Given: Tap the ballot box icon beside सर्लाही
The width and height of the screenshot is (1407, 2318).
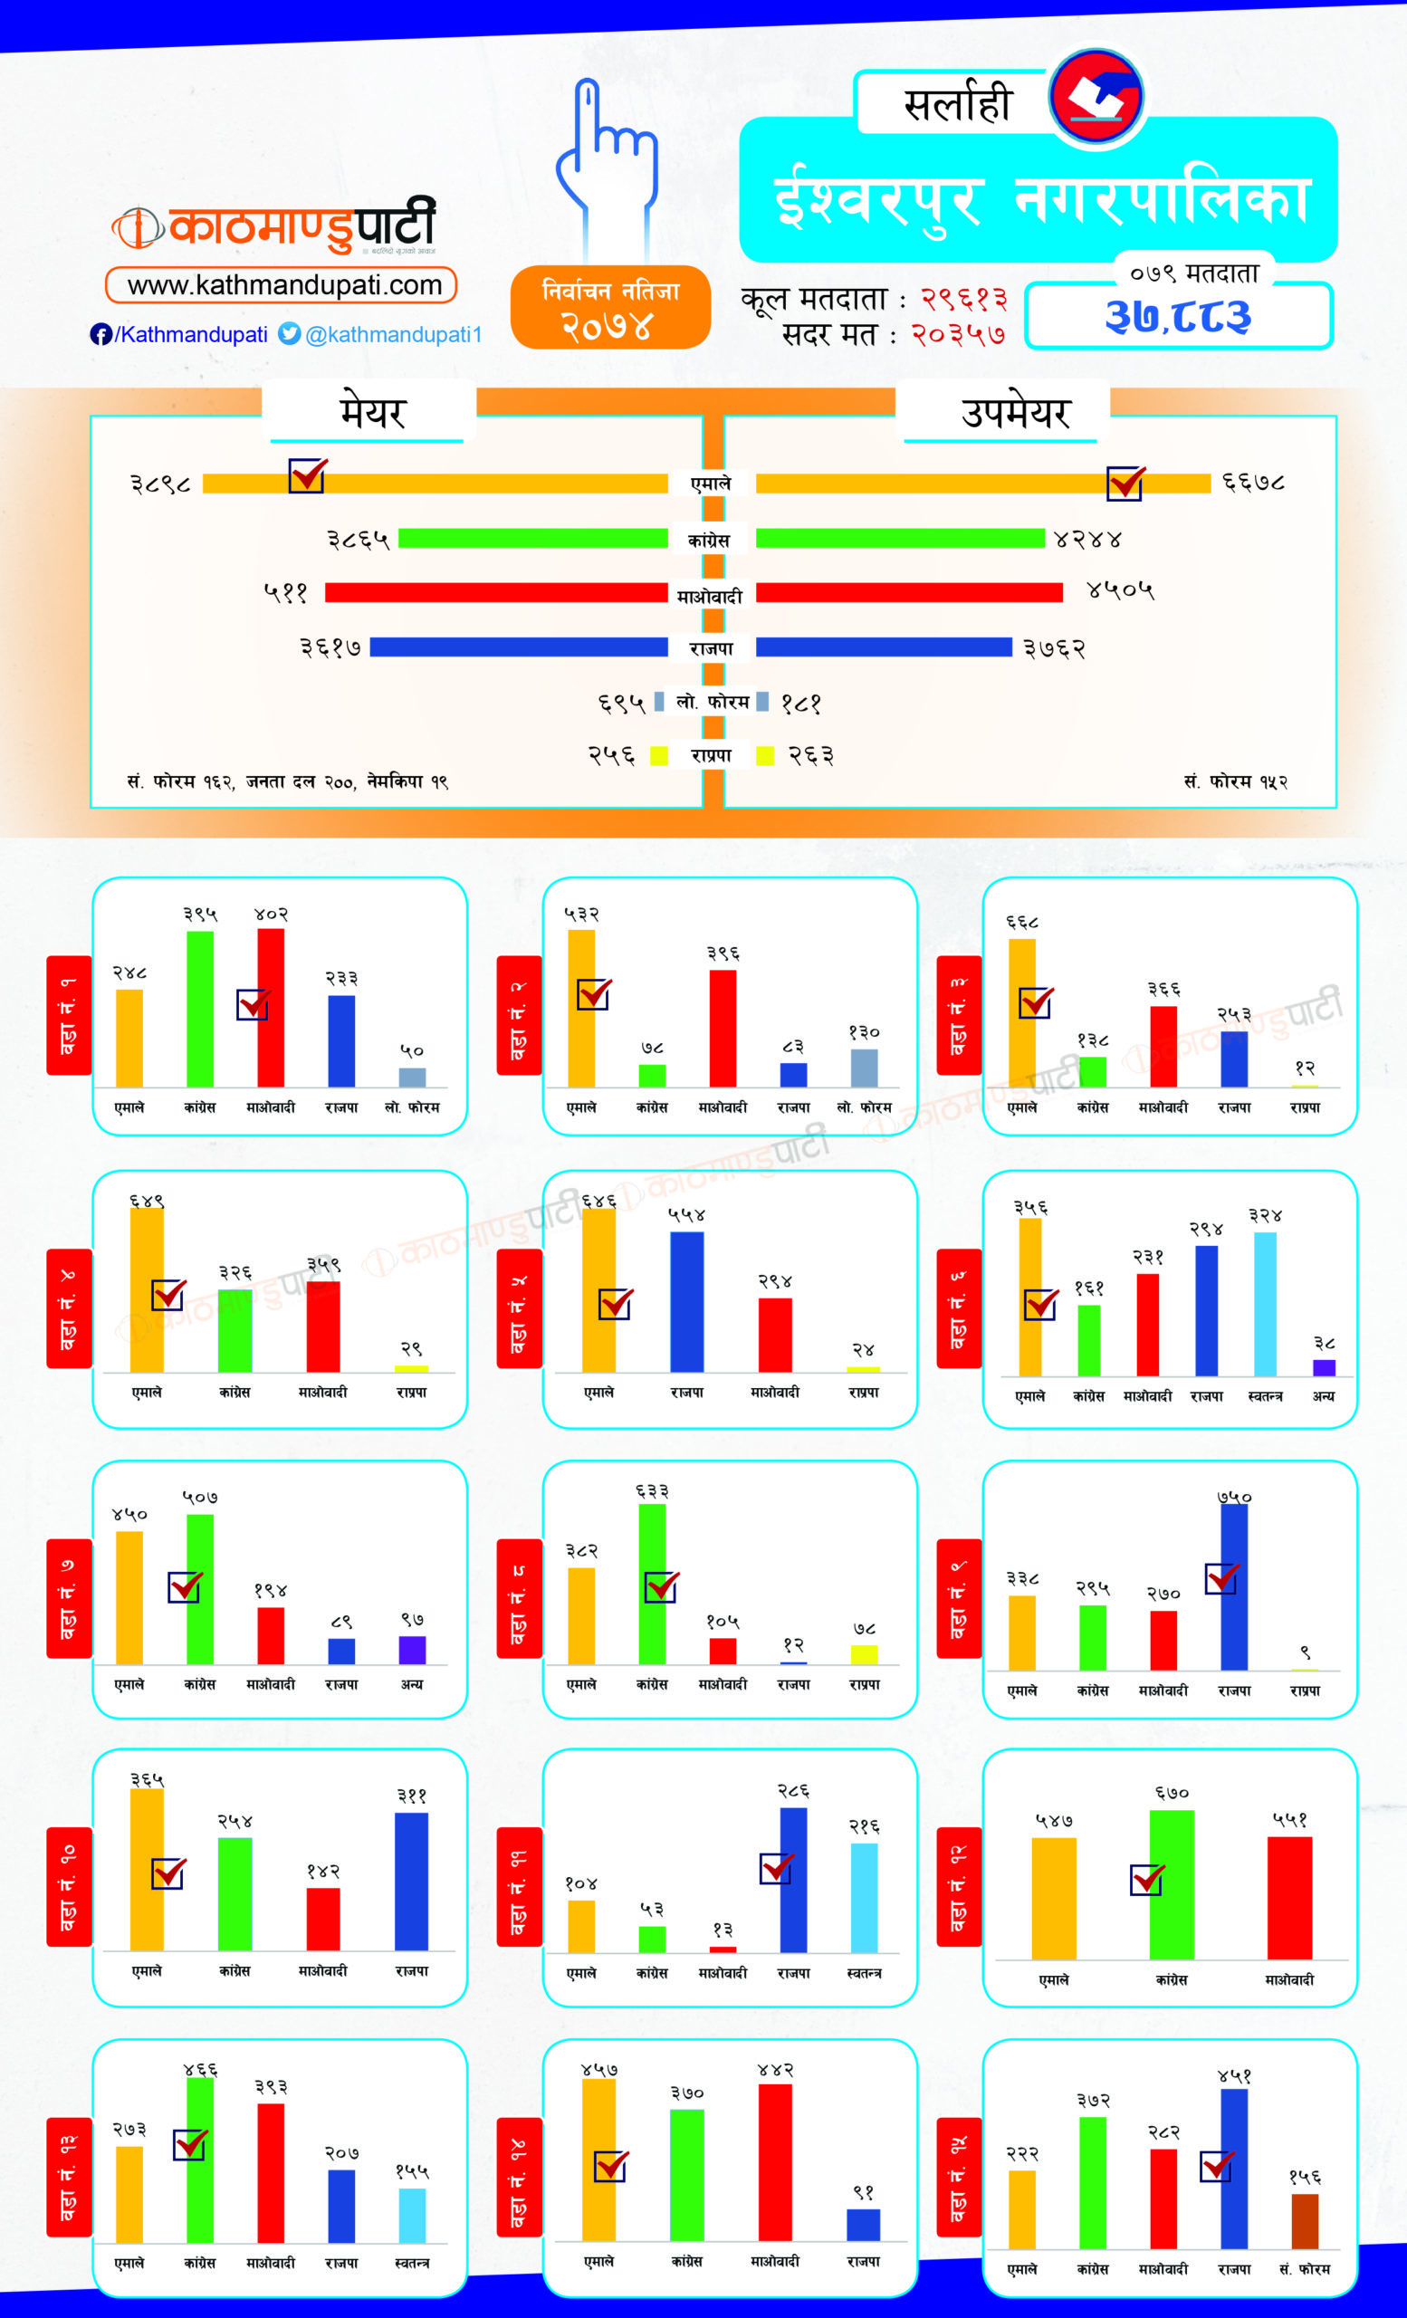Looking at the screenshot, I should (1096, 97).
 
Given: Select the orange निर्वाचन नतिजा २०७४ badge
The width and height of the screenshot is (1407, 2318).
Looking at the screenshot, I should (610, 308).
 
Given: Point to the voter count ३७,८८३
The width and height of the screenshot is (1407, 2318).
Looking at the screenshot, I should (1179, 316).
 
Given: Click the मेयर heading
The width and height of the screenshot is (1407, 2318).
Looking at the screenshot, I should (371, 412).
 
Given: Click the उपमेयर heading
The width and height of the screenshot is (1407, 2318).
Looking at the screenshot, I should (1015, 412).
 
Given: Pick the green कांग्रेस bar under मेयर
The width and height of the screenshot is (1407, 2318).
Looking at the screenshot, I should (532, 538).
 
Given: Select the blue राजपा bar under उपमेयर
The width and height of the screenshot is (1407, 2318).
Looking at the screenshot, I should (883, 647).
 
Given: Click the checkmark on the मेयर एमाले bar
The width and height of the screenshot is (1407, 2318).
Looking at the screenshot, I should (307, 475).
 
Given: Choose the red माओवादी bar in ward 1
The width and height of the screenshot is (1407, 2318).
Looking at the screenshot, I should (271, 1008).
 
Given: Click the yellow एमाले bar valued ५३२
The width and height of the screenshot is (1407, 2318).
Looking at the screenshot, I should (581, 1008).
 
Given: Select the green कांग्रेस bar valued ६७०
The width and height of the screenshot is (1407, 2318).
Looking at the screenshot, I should (1171, 1884).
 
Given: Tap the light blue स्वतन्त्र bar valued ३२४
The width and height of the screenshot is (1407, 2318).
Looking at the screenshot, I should (1265, 1304).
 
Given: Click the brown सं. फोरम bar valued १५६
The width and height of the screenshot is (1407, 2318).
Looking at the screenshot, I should (1305, 2221).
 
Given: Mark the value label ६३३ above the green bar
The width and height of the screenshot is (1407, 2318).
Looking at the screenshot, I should (652, 1491).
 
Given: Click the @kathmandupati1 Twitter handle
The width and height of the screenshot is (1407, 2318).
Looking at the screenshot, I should (393, 335).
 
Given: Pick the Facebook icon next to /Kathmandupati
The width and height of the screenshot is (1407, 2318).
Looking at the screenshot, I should (100, 335).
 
